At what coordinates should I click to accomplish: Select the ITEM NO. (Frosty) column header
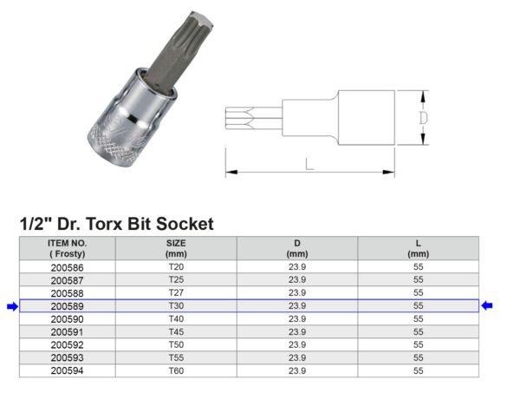(x=67, y=248)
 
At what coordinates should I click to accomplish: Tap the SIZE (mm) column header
(x=176, y=248)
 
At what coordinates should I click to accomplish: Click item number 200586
(x=67, y=267)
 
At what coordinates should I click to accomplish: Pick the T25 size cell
(x=176, y=280)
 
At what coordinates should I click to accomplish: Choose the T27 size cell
(x=176, y=293)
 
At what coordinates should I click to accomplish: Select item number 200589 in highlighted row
(x=67, y=306)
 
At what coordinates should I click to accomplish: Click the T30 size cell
(x=176, y=306)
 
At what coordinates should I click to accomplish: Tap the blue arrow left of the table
(x=11, y=306)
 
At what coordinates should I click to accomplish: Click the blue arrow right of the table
(x=488, y=305)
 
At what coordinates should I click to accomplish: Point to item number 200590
(x=67, y=319)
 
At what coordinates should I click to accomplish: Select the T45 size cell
(x=176, y=332)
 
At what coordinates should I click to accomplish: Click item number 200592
(x=67, y=345)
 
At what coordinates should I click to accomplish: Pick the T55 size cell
(x=176, y=358)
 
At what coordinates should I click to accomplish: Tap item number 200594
(x=67, y=371)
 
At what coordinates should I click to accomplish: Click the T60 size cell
(x=176, y=371)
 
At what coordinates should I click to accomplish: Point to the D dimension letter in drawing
(x=422, y=116)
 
